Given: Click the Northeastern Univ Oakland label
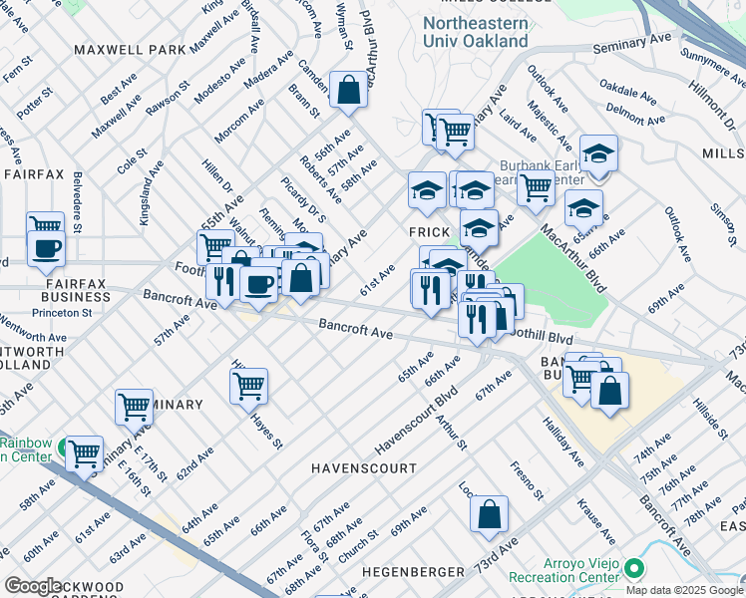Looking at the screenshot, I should point(475,32).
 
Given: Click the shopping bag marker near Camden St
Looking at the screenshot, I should point(349,91).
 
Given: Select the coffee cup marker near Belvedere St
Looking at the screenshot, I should point(47,248).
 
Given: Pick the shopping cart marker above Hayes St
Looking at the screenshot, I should point(248,385).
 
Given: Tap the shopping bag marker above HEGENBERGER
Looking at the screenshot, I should point(489,514).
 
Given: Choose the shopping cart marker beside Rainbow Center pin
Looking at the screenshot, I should point(84,453).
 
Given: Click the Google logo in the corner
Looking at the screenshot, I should point(33,586).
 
